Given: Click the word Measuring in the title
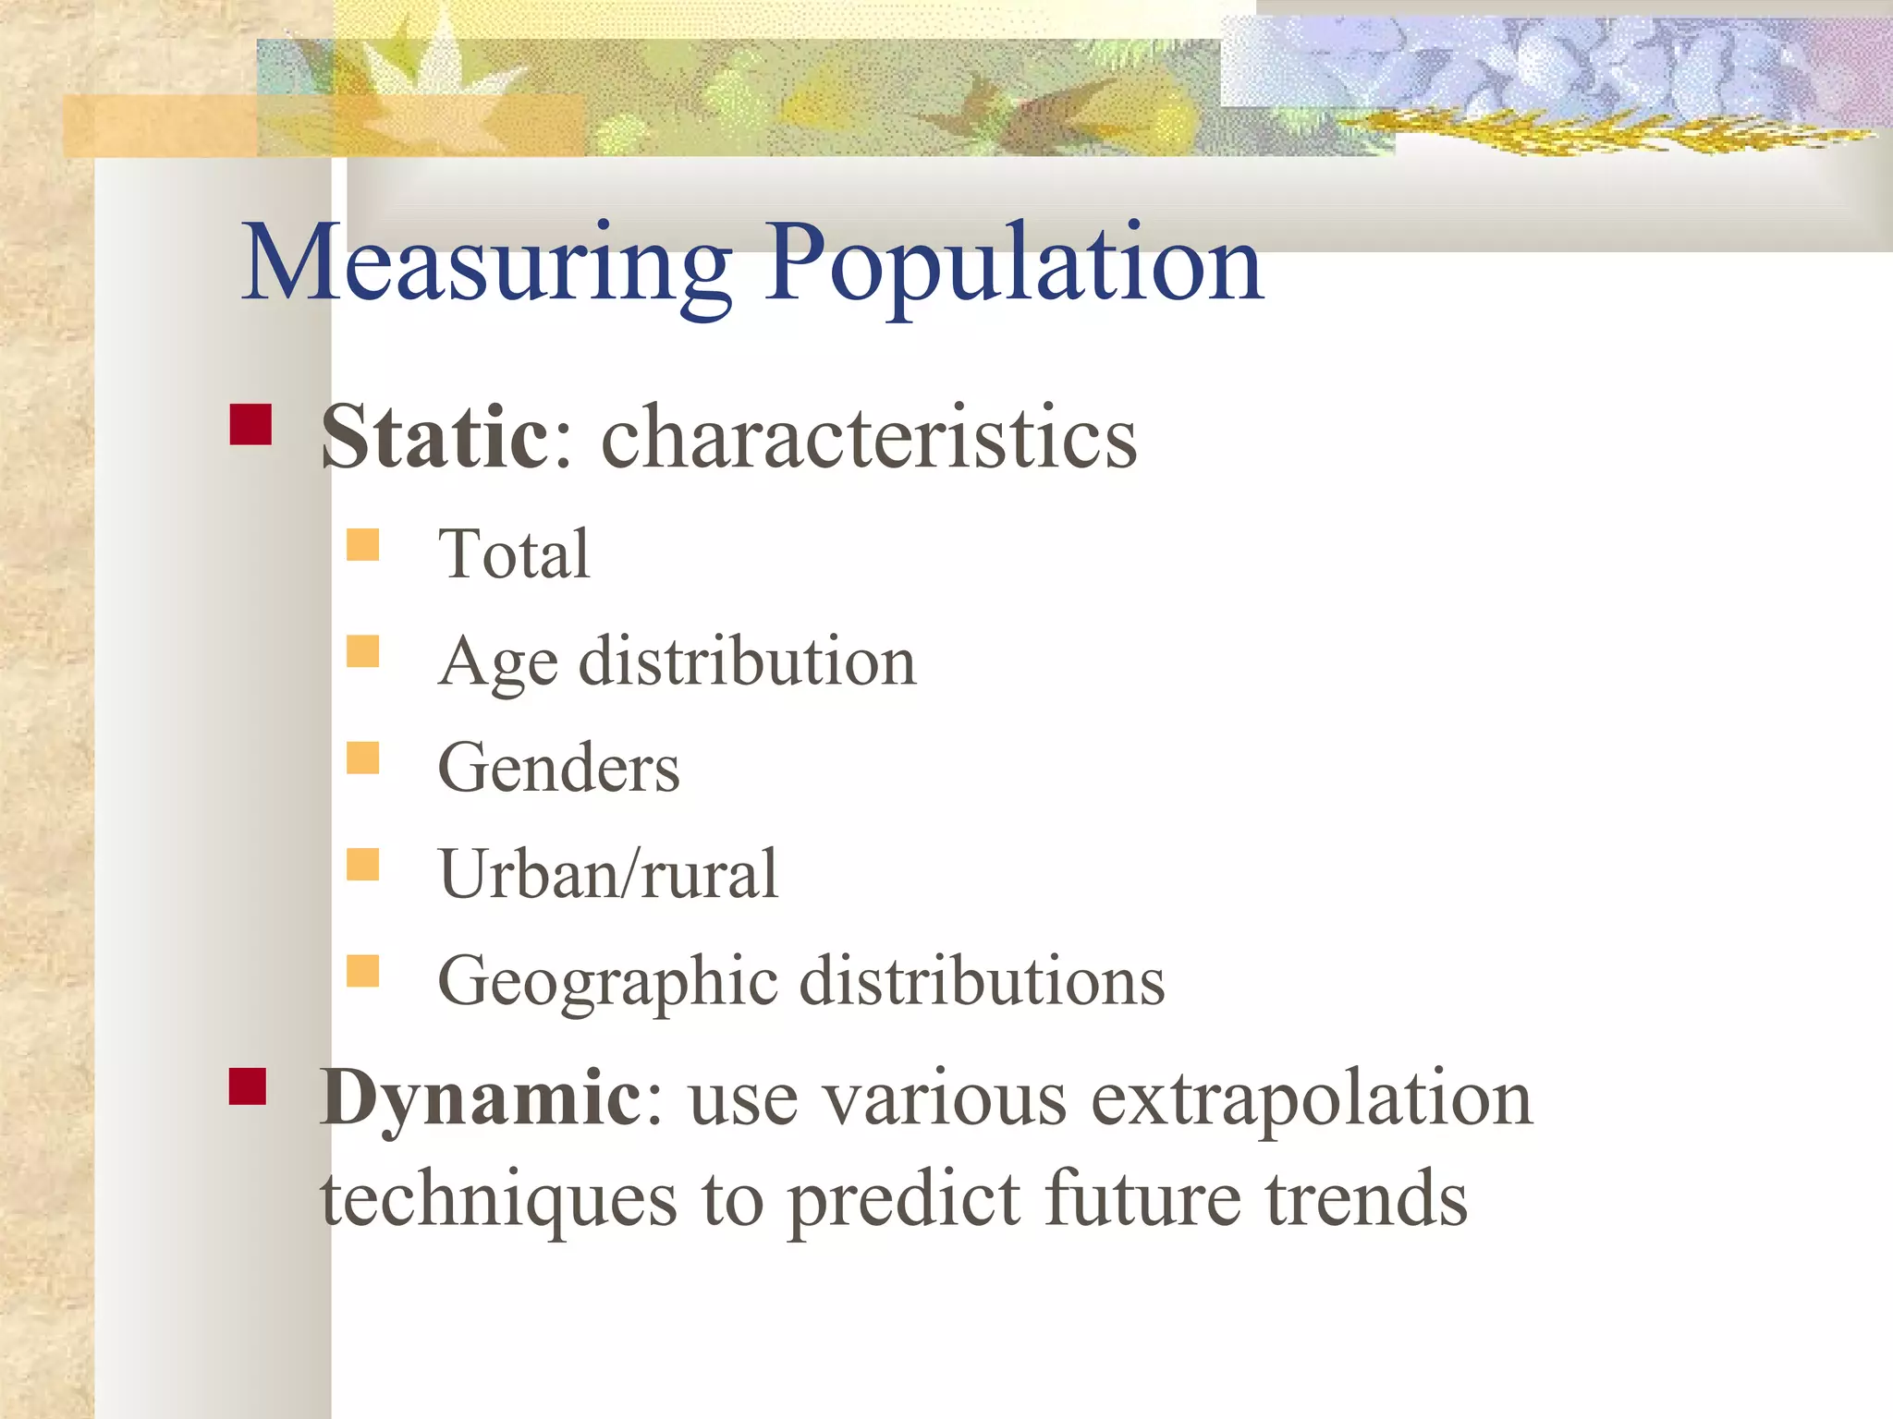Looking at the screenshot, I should click(487, 266).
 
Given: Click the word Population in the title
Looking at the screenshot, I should click(1013, 266).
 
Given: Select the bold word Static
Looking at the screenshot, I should click(434, 438).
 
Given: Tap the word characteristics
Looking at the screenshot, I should click(869, 438).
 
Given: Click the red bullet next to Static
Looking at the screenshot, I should click(250, 425).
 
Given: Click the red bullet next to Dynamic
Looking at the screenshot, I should click(248, 1086).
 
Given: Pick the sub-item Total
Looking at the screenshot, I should click(514, 554).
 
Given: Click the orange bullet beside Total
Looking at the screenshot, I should click(363, 545).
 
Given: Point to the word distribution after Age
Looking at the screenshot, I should click(747, 661).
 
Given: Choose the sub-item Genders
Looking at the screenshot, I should click(558, 769).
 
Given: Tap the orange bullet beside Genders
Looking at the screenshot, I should click(363, 758).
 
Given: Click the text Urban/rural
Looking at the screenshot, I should click(608, 874).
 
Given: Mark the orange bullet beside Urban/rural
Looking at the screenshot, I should click(363, 865).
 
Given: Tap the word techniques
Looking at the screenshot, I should click(499, 1199).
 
